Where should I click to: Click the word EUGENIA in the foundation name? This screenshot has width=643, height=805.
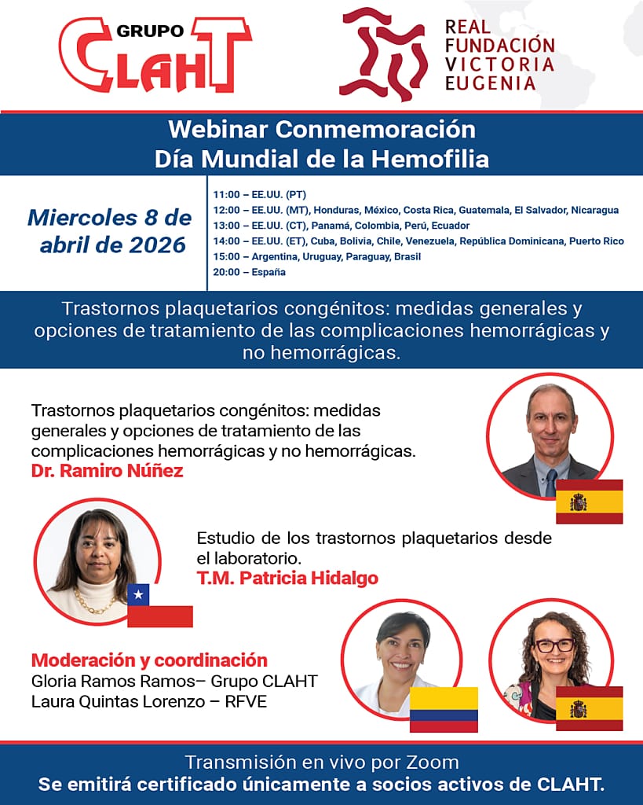(x=491, y=83)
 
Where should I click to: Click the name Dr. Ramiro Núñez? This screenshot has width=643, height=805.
(x=107, y=471)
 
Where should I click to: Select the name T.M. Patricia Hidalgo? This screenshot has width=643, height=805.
(x=287, y=578)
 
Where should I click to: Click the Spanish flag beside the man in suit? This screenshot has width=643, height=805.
(x=589, y=502)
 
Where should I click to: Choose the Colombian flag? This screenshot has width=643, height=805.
(x=444, y=709)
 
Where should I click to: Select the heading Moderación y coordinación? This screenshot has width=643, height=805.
(x=149, y=660)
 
